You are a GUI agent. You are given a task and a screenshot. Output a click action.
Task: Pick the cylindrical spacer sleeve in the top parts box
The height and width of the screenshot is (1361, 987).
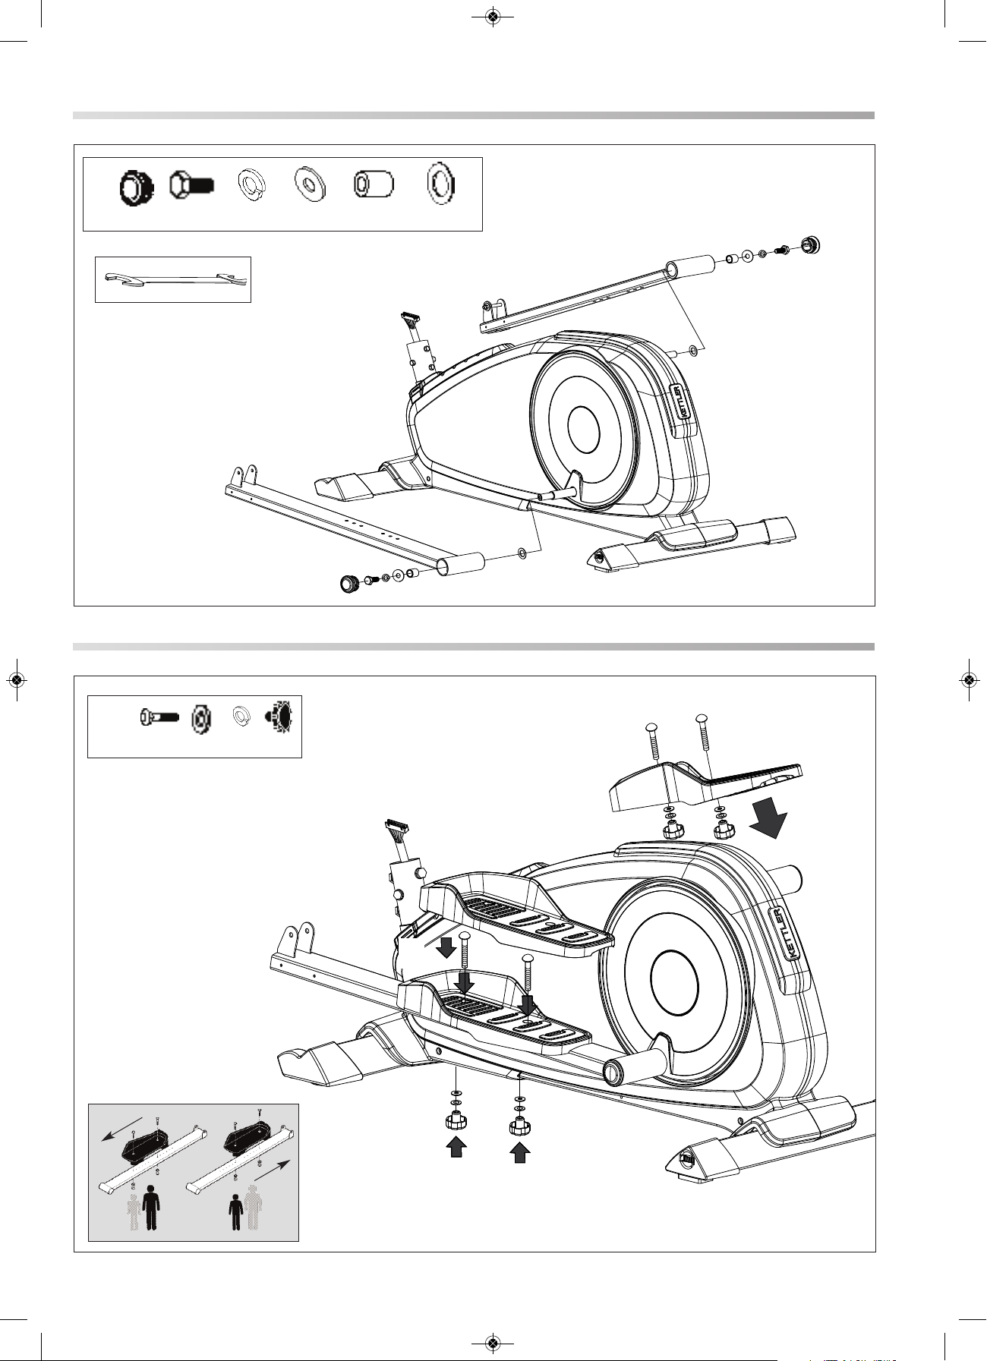pos(374,184)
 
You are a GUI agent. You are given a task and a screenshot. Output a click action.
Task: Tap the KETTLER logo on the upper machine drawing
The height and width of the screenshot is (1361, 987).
pos(683,400)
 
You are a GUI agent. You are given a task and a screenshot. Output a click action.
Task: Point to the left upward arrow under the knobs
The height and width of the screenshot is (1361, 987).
pos(456,1146)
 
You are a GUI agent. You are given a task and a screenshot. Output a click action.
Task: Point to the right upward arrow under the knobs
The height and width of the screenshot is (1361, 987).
pos(519,1152)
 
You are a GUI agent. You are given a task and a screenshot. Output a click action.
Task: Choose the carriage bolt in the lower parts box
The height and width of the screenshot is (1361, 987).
pos(159,716)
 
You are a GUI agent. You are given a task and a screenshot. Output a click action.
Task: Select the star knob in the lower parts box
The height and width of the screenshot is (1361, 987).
pos(279,716)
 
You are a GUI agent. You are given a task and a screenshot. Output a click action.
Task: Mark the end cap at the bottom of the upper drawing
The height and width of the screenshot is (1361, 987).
pos(349,584)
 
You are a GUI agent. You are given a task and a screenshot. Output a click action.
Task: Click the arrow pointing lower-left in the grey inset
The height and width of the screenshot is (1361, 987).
pos(121,1129)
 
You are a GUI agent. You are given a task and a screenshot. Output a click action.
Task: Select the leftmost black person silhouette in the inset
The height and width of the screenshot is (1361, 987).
pos(151,1208)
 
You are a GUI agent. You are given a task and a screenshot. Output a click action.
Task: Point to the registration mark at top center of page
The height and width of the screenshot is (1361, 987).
pos(493,17)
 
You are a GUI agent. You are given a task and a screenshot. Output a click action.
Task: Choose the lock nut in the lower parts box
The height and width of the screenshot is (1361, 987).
pos(200,717)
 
